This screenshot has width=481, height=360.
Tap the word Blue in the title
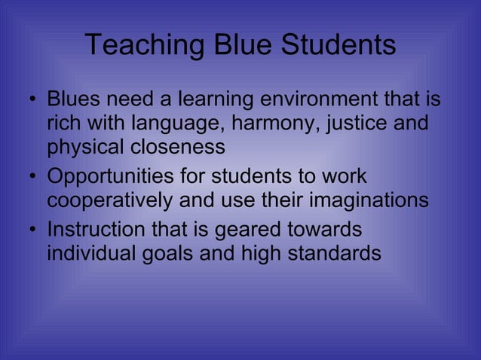click(239, 46)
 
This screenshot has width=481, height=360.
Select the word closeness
click(179, 147)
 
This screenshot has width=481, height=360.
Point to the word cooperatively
click(109, 202)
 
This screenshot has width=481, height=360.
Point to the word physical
click(84, 147)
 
